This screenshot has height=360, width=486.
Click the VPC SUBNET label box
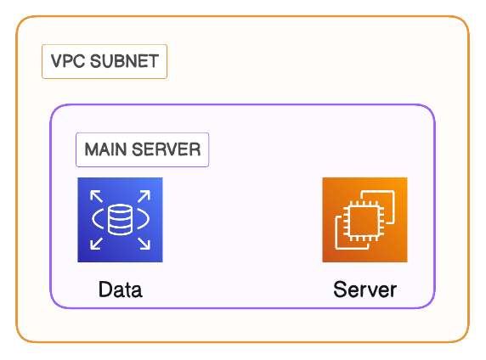[x=105, y=61]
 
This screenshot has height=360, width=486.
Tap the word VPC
[x=68, y=61]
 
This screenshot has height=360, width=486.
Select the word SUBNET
[x=125, y=61]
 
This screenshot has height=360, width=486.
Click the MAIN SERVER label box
[x=142, y=149]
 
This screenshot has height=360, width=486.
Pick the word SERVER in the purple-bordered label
[x=167, y=149]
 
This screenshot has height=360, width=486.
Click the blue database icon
[x=120, y=220]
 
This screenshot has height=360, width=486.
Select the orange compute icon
[x=364, y=220]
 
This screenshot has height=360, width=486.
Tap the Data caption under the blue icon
[x=121, y=290]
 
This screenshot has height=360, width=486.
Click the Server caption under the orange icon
[x=364, y=290]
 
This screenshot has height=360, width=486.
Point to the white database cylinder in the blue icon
[x=121, y=219]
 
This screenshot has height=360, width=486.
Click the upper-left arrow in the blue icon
[x=96, y=196]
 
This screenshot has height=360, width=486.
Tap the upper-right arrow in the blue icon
[x=144, y=196]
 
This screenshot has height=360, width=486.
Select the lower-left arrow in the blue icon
[x=96, y=244]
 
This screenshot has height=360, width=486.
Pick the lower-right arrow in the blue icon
[x=144, y=244]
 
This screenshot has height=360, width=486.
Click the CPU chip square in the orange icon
[x=364, y=221]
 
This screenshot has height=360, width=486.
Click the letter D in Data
[x=105, y=290]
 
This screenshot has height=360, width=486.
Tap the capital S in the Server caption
[x=340, y=290]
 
